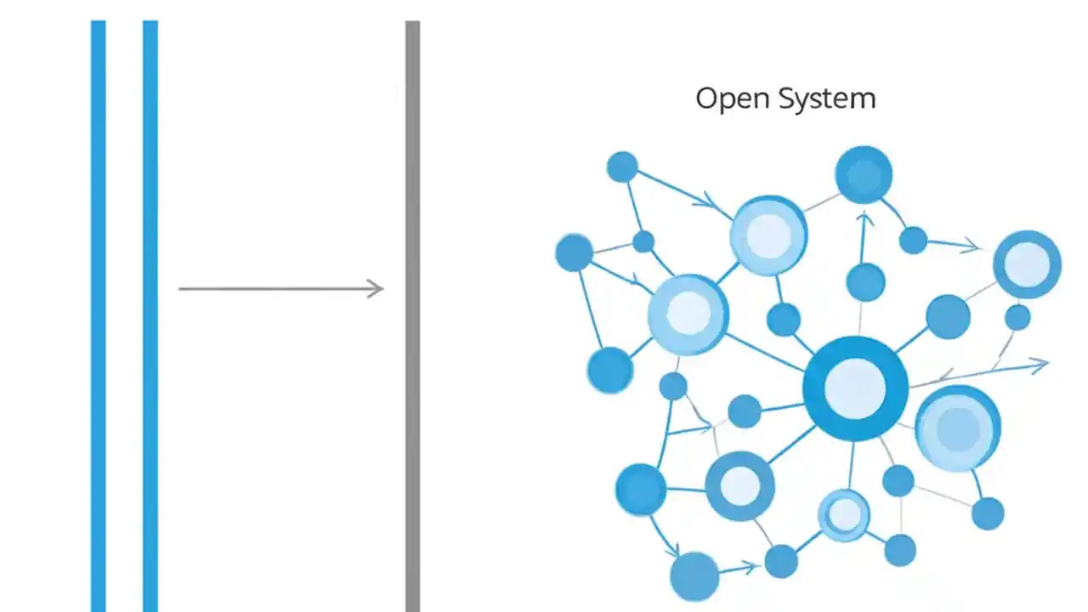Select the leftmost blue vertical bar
click(99, 314)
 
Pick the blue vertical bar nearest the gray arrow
click(150, 314)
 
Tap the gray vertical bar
click(412, 314)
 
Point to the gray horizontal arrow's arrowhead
click(377, 289)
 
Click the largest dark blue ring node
click(855, 388)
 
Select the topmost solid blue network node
click(864, 175)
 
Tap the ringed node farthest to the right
click(1027, 264)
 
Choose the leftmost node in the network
click(574, 252)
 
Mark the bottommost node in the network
click(694, 575)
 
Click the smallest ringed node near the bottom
click(844, 514)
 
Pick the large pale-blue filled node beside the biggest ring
click(958, 428)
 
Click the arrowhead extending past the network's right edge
click(1042, 365)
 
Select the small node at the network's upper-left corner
click(622, 167)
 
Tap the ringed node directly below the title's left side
click(768, 235)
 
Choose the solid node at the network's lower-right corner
click(988, 513)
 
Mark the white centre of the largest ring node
click(855, 388)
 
